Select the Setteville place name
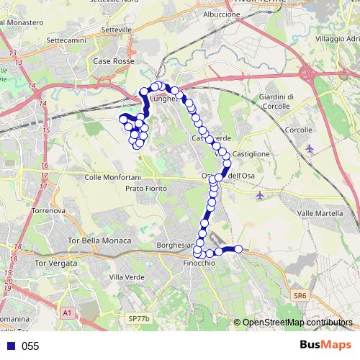click(117, 30)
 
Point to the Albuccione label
click(222, 14)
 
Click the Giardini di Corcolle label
click(276, 102)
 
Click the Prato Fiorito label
click(146, 188)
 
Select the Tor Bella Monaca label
click(99, 240)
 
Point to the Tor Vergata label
click(66, 263)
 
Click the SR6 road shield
click(300, 295)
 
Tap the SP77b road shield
click(136, 318)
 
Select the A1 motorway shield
click(67, 312)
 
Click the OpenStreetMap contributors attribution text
click(297, 323)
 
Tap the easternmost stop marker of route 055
click(239, 249)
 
